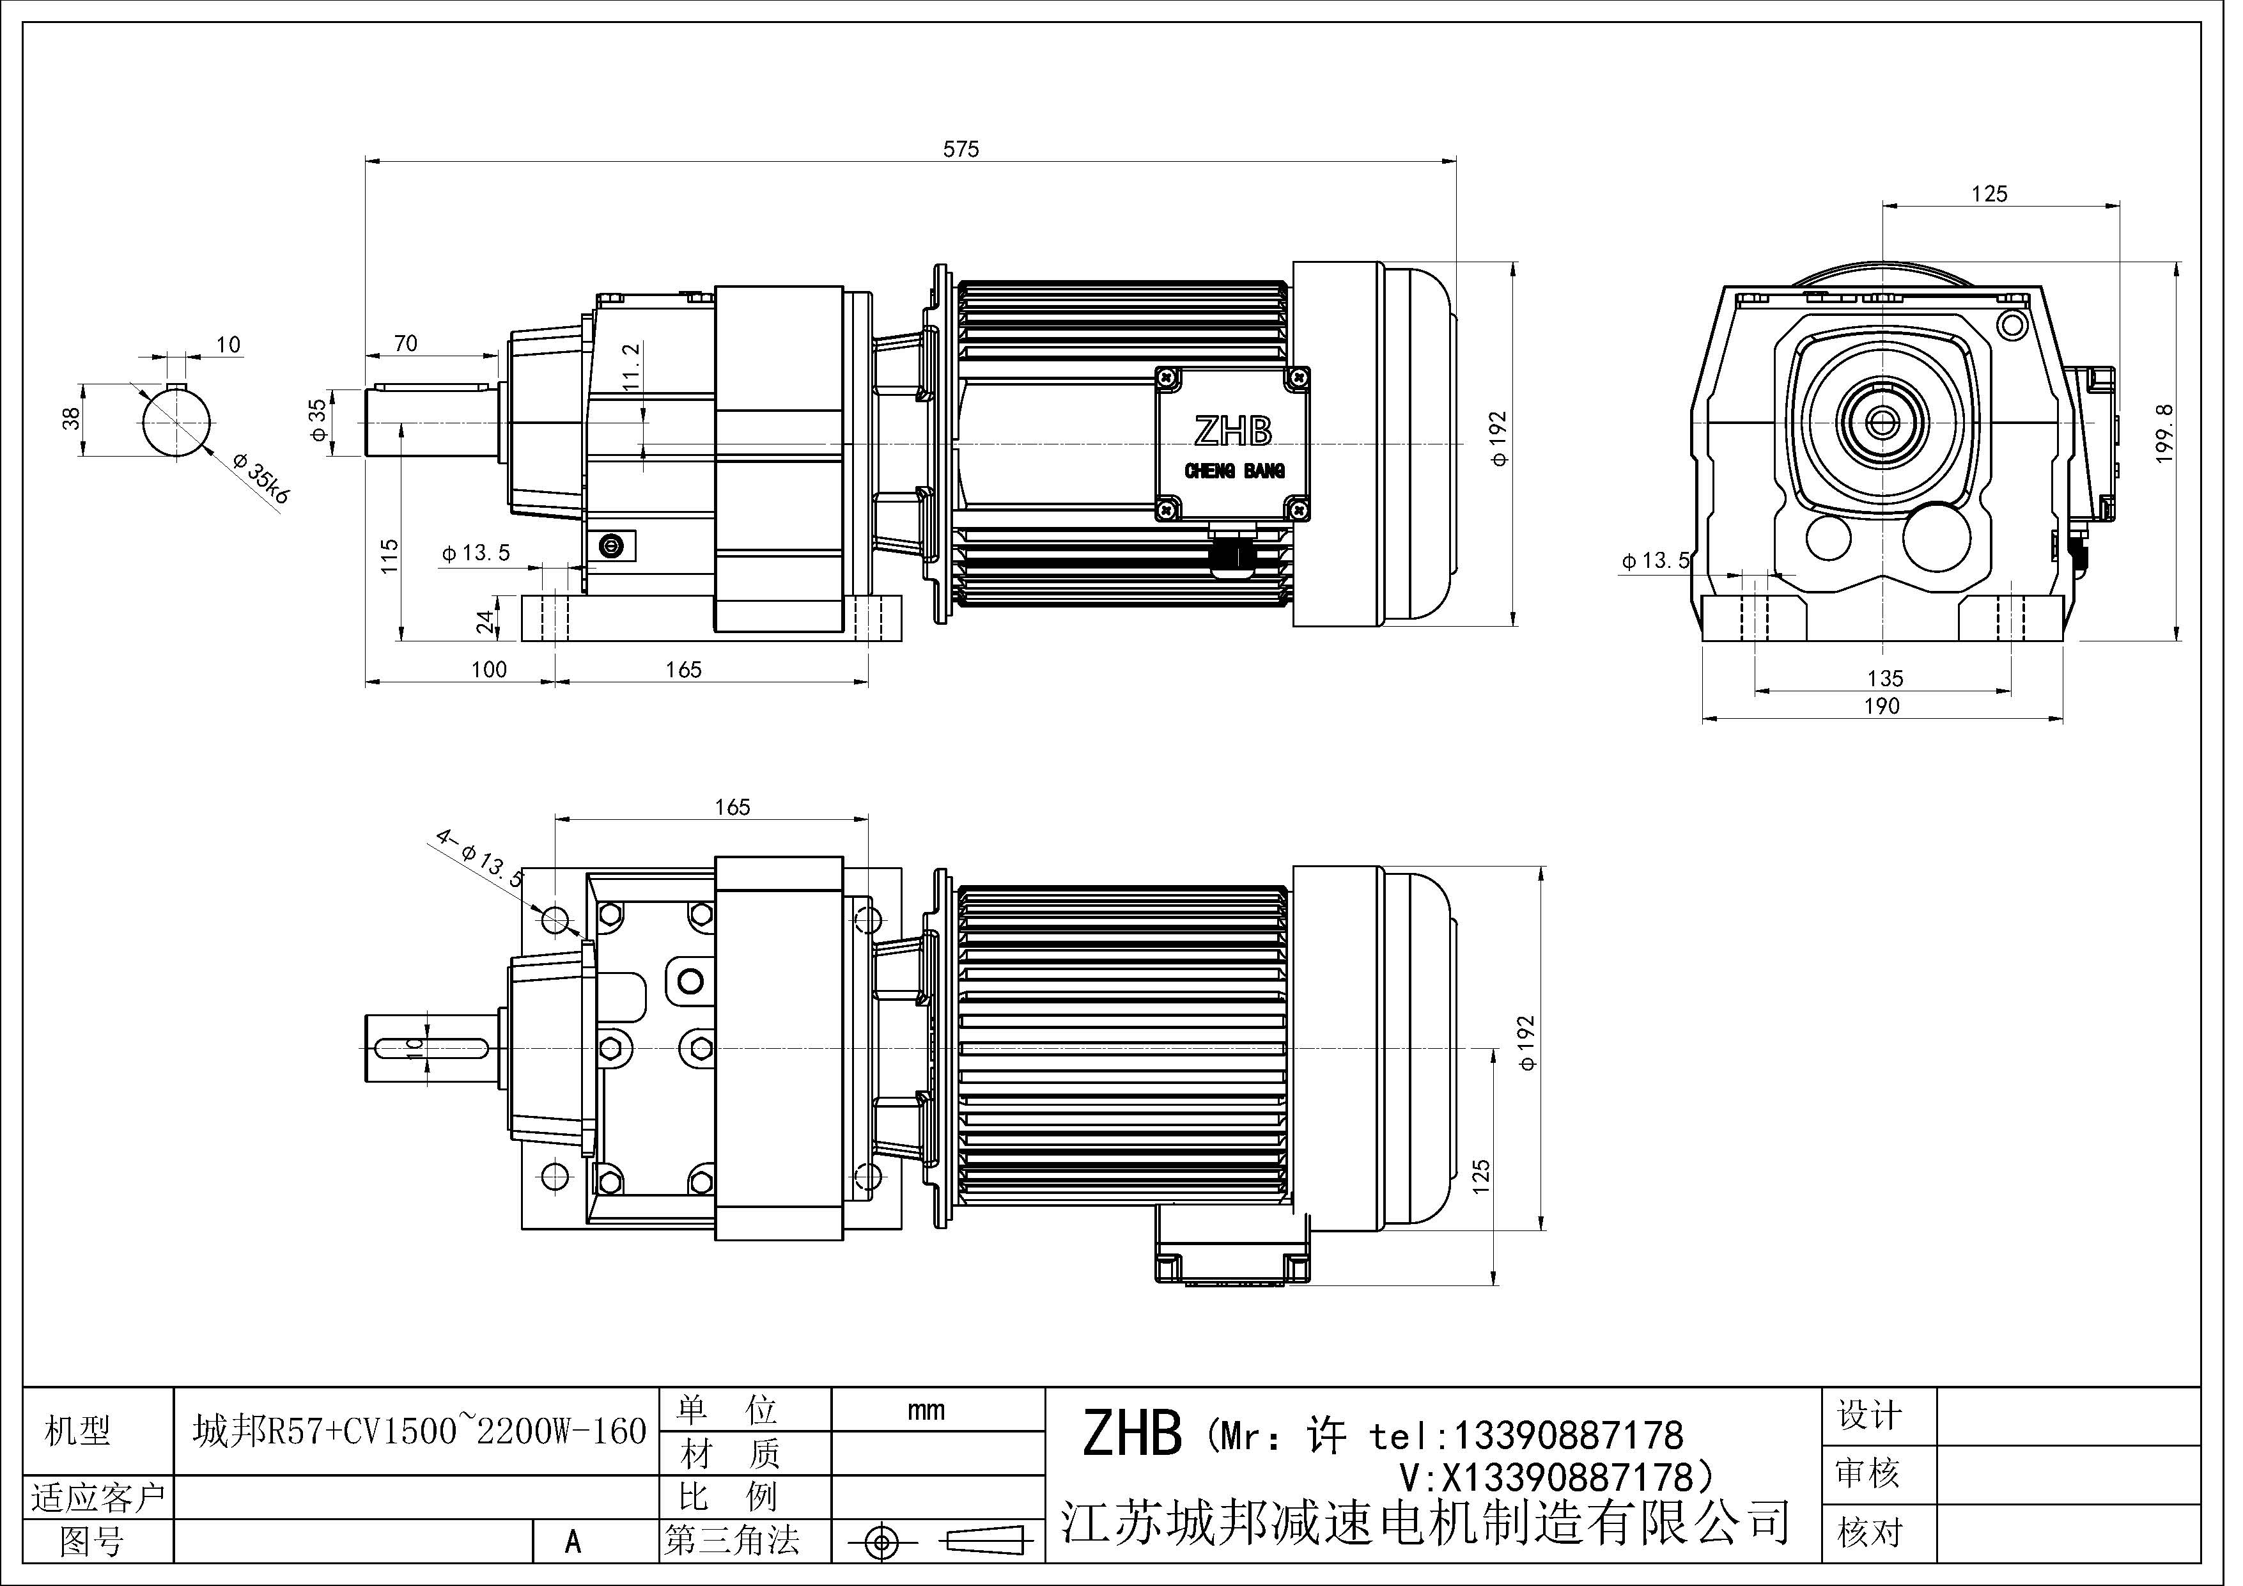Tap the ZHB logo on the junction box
tap(1233, 431)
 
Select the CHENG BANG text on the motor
tap(1234, 472)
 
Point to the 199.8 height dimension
tap(2163, 433)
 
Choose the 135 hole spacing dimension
tap(1884, 678)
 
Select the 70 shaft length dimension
tap(405, 343)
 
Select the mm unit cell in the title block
tap(925, 1410)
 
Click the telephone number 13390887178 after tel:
tap(1568, 1436)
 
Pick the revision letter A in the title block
tap(573, 1542)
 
